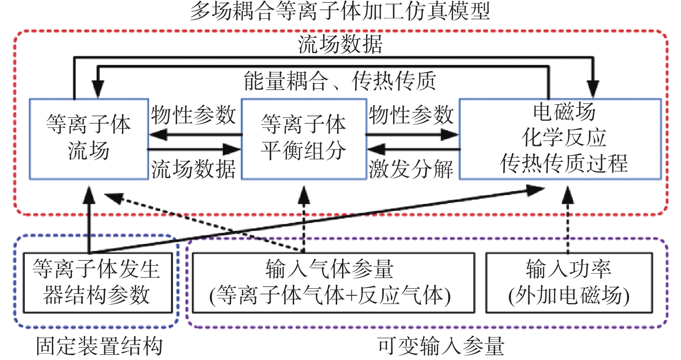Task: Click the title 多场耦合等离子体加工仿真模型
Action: pos(340,12)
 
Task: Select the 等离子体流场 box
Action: pos(89,138)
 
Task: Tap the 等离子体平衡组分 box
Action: pos(303,138)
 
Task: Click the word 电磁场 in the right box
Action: pos(564,113)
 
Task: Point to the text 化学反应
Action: pos(564,138)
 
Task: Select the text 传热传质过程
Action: pos(564,163)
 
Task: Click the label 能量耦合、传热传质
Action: pos(340,81)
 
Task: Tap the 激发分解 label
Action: pos(411,169)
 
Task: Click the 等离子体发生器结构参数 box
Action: pos(97,283)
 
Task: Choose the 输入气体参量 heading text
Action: pos(330,269)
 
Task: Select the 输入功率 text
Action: pos(569,269)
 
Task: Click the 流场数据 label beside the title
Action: pos(340,45)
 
